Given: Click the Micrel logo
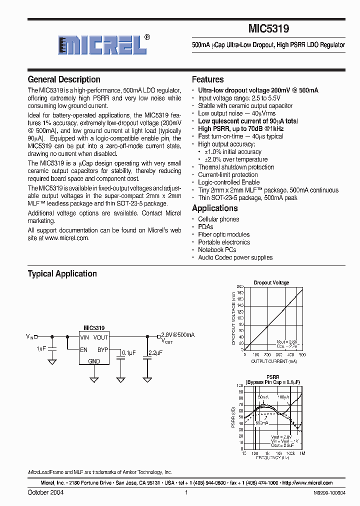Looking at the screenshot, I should (x=102, y=45).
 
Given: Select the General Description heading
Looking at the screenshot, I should (x=64, y=79).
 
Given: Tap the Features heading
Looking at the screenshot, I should (x=207, y=79).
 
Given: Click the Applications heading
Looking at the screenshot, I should (x=214, y=208).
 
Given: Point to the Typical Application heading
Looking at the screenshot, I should (x=62, y=273).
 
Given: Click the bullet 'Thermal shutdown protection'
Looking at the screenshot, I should (x=236, y=167).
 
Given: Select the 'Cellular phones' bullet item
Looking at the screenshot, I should (x=218, y=219).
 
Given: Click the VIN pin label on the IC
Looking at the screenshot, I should (x=84, y=337).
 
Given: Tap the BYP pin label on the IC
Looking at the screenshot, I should (x=102, y=350).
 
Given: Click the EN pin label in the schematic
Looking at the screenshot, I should (x=83, y=350).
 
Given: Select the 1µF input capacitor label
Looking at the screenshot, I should (x=41, y=348).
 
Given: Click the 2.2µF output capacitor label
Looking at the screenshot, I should (x=155, y=353).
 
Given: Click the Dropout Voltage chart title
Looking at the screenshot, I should (x=271, y=282).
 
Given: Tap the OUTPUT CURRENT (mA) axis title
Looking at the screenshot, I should (x=273, y=361).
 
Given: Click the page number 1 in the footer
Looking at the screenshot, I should (x=186, y=492).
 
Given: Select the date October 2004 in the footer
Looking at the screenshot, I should (x=45, y=492).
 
